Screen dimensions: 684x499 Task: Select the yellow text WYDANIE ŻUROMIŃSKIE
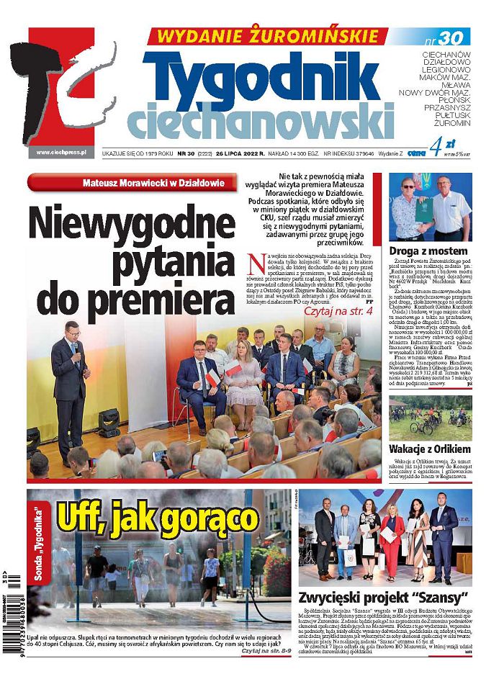[x=263, y=35]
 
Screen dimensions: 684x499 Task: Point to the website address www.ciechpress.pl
[x=60, y=152]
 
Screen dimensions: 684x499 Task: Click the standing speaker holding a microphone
[x=71, y=388]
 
